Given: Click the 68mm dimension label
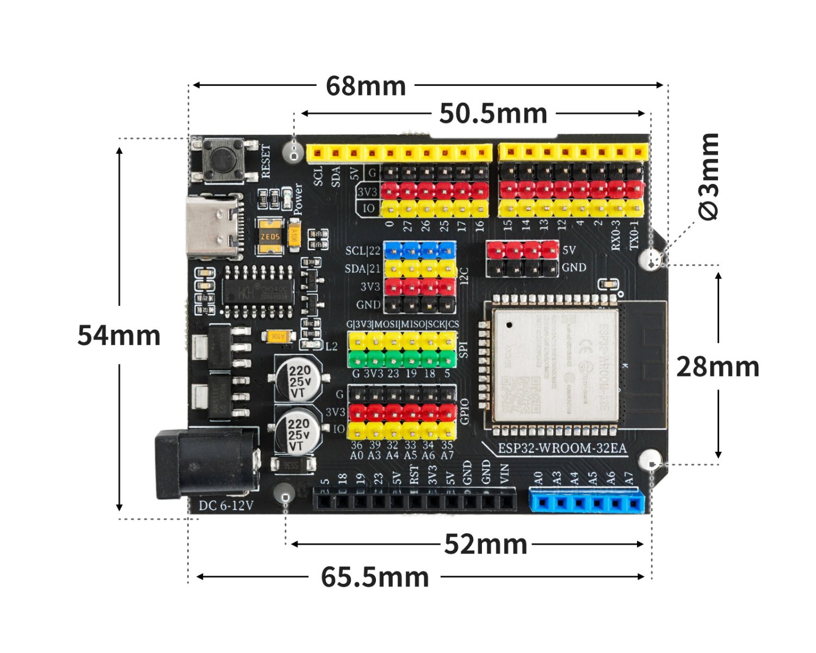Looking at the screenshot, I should (x=366, y=86).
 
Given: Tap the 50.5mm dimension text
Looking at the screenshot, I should (x=493, y=114).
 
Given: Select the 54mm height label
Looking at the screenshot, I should (x=119, y=335).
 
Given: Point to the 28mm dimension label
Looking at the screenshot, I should (x=718, y=367).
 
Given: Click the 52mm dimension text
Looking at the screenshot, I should (x=486, y=544).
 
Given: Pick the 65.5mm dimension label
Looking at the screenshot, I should (x=375, y=577).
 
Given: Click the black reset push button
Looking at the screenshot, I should (x=224, y=159).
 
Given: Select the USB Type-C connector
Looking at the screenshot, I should (x=214, y=227).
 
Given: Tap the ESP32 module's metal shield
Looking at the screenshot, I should (x=555, y=366).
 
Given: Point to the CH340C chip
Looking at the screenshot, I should (x=258, y=292).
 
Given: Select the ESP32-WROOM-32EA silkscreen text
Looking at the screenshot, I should (x=562, y=449).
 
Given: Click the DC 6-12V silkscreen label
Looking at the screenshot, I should (x=226, y=506).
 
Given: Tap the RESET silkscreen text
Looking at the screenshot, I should (x=265, y=161).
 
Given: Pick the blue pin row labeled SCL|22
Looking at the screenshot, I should (x=420, y=250).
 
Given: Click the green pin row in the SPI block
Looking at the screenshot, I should (x=402, y=359).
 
